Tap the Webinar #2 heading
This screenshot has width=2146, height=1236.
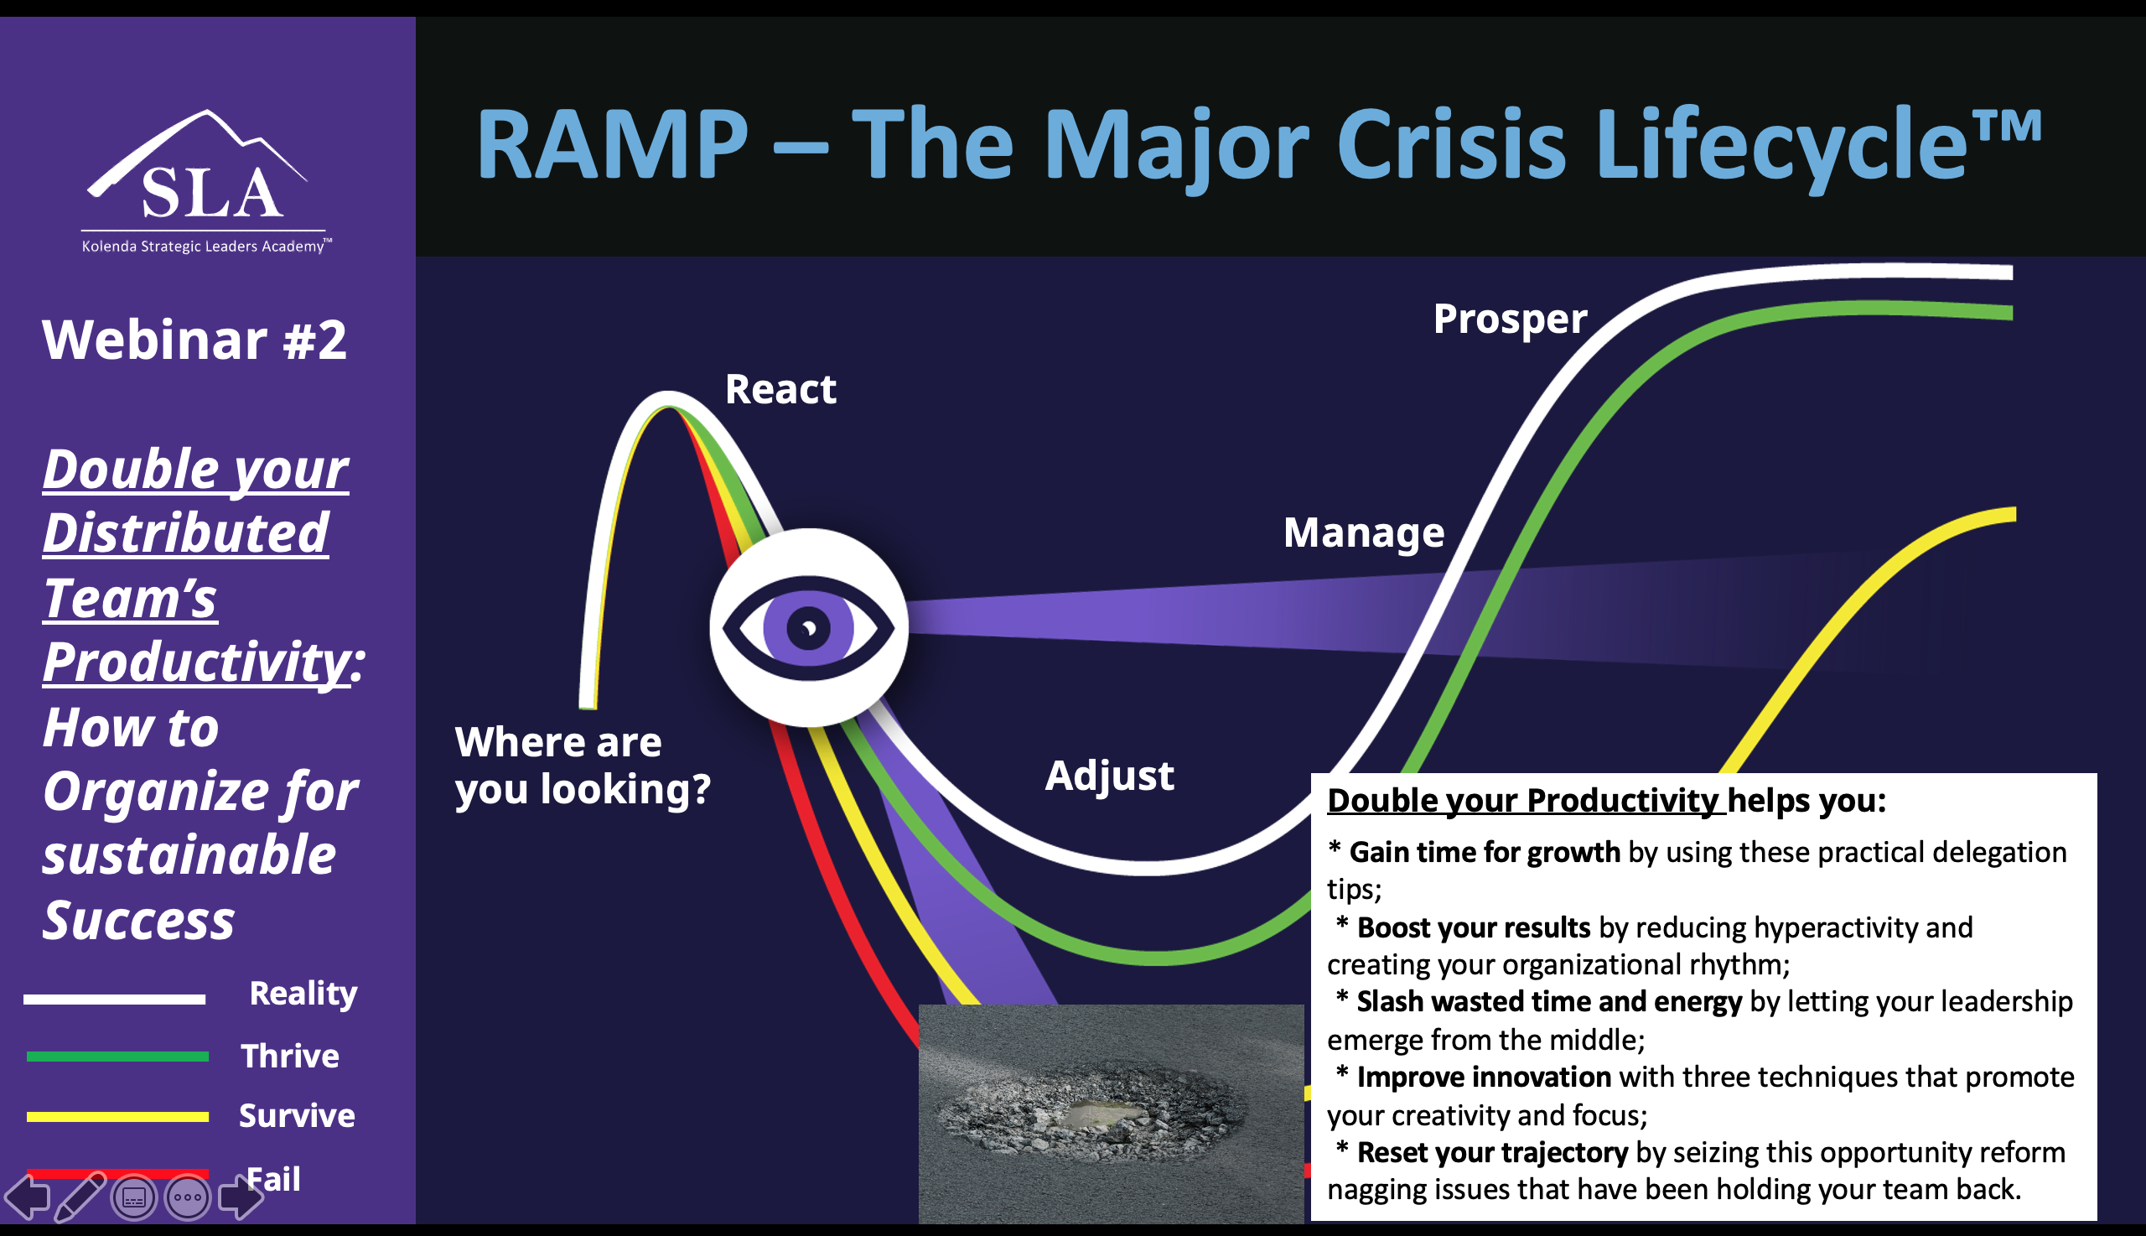(194, 340)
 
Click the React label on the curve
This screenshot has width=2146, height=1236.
(780, 390)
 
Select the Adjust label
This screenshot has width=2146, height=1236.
(1109, 775)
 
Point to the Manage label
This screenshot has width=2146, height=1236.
(1363, 533)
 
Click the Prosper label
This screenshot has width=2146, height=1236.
(1509, 319)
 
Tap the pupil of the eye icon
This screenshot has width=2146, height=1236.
(808, 628)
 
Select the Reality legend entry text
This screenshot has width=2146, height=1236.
(303, 993)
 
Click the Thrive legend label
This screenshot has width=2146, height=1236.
(289, 1056)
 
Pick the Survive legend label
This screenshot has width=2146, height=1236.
(296, 1115)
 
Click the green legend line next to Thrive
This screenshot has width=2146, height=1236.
(117, 1057)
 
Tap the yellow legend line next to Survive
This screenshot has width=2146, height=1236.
(117, 1116)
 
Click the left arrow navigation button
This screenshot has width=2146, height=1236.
(27, 1197)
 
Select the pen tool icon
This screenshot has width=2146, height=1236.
(80, 1197)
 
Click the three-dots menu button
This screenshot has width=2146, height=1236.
(187, 1197)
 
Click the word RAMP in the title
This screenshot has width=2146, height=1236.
(612, 144)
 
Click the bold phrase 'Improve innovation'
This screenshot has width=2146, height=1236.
(1483, 1078)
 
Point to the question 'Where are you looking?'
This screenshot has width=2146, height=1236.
(582, 766)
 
